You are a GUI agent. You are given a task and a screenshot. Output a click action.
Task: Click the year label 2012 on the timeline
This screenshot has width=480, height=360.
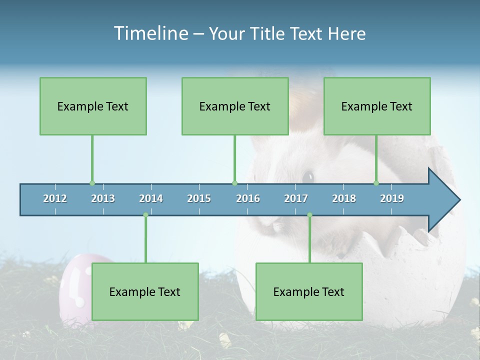pyautogui.click(x=55, y=198)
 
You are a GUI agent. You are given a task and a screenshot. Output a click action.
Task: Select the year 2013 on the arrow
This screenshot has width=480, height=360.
pyautogui.click(x=103, y=198)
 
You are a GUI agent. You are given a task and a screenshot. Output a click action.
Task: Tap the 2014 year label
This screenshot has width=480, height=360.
pyautogui.click(x=151, y=198)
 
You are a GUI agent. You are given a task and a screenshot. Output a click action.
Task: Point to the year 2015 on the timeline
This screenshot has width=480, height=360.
pyautogui.click(x=199, y=198)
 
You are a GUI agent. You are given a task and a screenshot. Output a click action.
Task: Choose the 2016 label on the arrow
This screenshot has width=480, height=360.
pyautogui.click(x=248, y=198)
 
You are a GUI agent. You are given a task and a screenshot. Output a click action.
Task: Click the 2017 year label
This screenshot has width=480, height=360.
pyautogui.click(x=296, y=198)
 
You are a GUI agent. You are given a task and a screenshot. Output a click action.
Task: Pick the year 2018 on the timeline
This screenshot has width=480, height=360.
pyautogui.click(x=344, y=198)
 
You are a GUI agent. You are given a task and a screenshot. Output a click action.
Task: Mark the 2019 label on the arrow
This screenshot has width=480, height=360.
pyautogui.click(x=392, y=198)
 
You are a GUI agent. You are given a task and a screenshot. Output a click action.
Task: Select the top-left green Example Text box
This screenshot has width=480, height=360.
pyautogui.click(x=93, y=106)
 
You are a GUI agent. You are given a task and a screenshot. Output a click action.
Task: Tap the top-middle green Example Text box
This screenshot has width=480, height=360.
pyautogui.click(x=235, y=106)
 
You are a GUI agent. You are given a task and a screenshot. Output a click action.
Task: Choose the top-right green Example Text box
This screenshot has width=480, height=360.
pyautogui.click(x=377, y=106)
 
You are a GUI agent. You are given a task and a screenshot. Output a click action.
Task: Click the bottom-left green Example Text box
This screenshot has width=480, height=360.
pyautogui.click(x=145, y=291)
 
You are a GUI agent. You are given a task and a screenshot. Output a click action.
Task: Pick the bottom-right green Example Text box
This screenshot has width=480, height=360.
pyautogui.click(x=309, y=291)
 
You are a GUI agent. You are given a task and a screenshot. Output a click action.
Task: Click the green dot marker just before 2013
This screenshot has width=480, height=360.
pyautogui.click(x=92, y=183)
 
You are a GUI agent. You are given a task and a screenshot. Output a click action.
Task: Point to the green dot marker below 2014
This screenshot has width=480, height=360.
pyautogui.click(x=145, y=215)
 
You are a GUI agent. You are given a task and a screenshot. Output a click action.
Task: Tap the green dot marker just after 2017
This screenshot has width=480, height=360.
pyautogui.click(x=309, y=215)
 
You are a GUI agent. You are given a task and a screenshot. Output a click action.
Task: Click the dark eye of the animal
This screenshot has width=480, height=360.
pyautogui.click(x=308, y=176)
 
